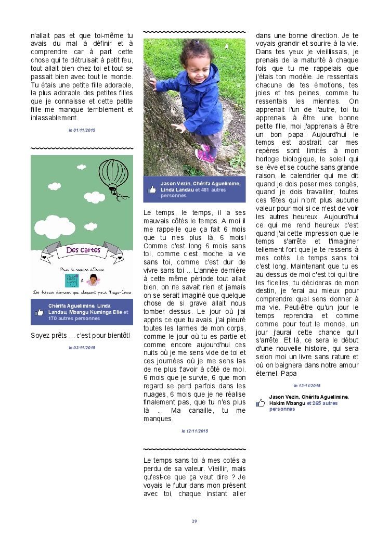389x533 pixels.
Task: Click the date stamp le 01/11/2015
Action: pyautogui.click(x=82, y=130)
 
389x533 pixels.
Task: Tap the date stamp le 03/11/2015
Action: pyautogui.click(x=82, y=347)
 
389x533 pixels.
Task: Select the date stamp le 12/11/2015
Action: pyautogui.click(x=194, y=431)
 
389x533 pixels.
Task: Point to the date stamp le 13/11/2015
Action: pyautogui.click(x=307, y=386)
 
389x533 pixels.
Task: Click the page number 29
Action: pyautogui.click(x=194, y=521)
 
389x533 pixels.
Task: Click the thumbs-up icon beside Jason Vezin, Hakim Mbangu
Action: pyautogui.click(x=261, y=402)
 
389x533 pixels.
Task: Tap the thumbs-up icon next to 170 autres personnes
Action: pyautogui.click(x=39, y=312)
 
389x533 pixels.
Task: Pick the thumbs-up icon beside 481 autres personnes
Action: pyautogui.click(x=151, y=190)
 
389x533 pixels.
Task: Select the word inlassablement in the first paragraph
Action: pyautogui.click(x=54, y=117)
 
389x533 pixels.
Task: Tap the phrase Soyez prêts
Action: pyautogui.click(x=47, y=335)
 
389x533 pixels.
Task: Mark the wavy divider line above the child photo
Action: pyautogui.click(x=194, y=32)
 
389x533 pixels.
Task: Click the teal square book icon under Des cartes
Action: pyautogui.click(x=69, y=280)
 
